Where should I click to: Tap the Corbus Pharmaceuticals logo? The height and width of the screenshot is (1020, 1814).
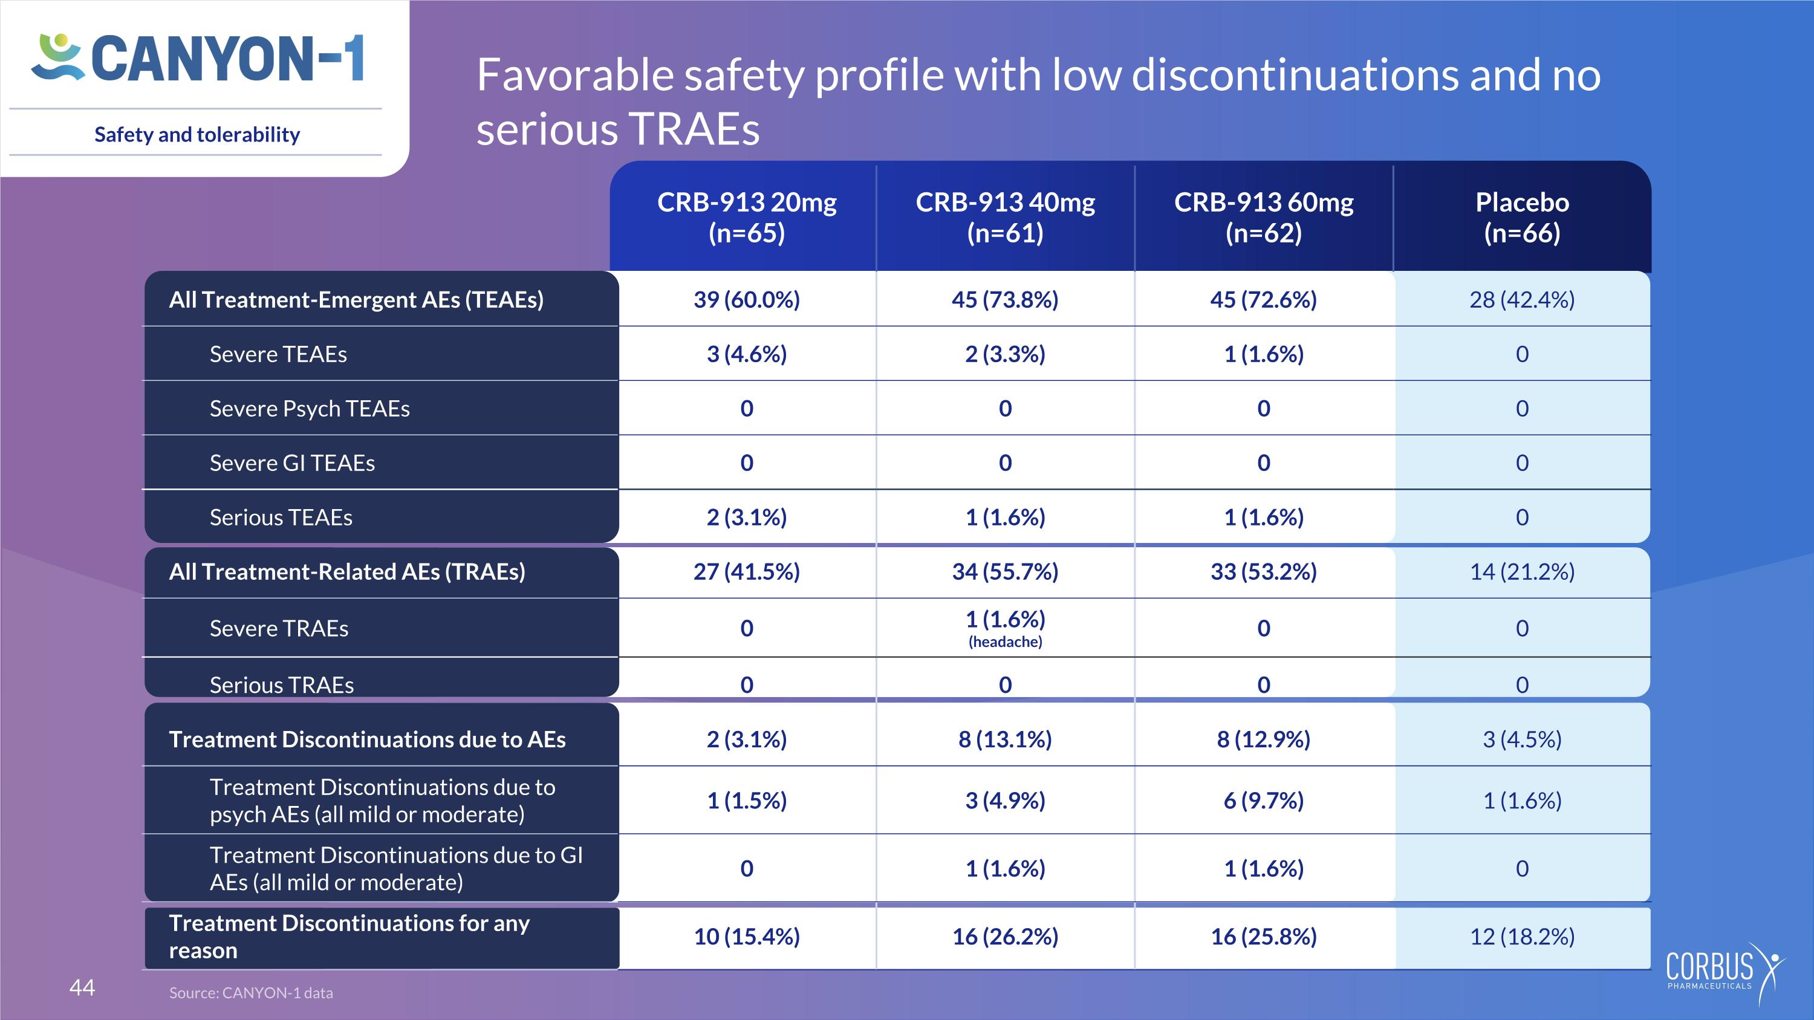(x=1725, y=973)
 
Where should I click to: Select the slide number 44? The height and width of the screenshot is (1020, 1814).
(x=82, y=987)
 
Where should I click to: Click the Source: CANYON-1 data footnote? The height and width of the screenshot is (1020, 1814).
(x=251, y=993)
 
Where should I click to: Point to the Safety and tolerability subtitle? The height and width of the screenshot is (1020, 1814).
(x=197, y=134)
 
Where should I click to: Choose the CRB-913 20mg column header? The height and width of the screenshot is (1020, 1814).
(x=746, y=217)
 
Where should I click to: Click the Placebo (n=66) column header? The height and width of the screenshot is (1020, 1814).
(x=1522, y=217)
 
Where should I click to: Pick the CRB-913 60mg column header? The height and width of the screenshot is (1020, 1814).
(x=1263, y=217)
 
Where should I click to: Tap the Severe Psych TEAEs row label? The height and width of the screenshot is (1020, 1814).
(x=309, y=408)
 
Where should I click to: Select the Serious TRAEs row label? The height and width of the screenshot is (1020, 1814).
(x=282, y=685)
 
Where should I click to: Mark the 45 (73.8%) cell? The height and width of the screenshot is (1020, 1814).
(x=1005, y=300)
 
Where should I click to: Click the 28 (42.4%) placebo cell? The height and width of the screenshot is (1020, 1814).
(x=1522, y=300)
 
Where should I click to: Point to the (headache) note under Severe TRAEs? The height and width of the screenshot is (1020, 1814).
(x=1005, y=642)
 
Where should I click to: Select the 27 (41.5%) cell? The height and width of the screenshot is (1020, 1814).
(x=746, y=571)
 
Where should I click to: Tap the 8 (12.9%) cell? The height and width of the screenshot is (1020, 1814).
(x=1263, y=739)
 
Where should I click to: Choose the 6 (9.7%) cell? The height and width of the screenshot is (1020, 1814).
(x=1263, y=801)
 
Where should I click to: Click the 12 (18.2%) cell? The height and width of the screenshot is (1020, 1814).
(x=1522, y=936)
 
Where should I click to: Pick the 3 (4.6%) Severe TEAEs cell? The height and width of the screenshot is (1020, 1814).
(x=746, y=354)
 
